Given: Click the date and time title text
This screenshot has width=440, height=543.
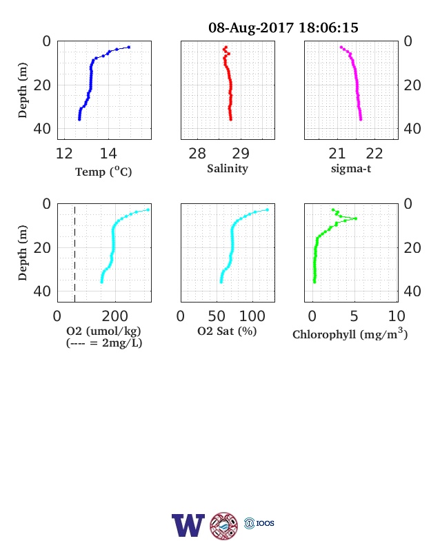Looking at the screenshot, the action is pyautogui.click(x=283, y=28).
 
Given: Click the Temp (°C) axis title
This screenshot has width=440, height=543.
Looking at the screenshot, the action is pyautogui.click(x=103, y=172).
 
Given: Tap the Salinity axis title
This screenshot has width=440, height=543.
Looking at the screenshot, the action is pyautogui.click(x=228, y=169).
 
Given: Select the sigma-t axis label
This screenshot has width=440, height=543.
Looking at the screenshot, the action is pyautogui.click(x=351, y=169).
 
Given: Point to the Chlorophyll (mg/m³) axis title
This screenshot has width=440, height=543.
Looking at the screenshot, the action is pyautogui.click(x=350, y=334).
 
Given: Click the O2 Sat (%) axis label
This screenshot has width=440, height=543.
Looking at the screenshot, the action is pyautogui.click(x=227, y=331).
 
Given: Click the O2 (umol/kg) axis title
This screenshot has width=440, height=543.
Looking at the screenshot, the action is pyautogui.click(x=103, y=331).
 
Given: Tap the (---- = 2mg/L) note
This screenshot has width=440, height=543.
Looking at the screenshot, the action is pyautogui.click(x=104, y=343).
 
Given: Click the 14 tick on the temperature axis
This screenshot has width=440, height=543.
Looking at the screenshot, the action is pyautogui.click(x=108, y=154).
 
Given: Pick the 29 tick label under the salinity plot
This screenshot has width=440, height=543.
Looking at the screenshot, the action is pyautogui.click(x=241, y=154).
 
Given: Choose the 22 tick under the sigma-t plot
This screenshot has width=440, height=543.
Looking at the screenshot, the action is pyautogui.click(x=374, y=154).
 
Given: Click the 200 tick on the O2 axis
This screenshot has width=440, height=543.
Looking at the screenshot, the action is pyautogui.click(x=115, y=316).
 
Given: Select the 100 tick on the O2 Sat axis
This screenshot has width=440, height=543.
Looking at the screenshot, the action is pyautogui.click(x=252, y=316).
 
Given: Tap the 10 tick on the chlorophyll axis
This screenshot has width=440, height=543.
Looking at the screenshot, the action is pyautogui.click(x=397, y=316).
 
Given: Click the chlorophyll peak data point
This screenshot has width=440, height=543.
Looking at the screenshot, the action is pyautogui.click(x=355, y=218).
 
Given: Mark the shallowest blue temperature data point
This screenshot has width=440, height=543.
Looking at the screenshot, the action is pyautogui.click(x=129, y=47).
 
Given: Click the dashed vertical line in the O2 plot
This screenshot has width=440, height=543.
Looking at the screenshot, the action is pyautogui.click(x=75, y=253).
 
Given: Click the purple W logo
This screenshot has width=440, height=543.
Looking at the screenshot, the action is pyautogui.click(x=188, y=525).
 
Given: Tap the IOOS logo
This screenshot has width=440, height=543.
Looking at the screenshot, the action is pyautogui.click(x=259, y=523).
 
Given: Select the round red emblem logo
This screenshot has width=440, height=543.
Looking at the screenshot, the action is pyautogui.click(x=224, y=526).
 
